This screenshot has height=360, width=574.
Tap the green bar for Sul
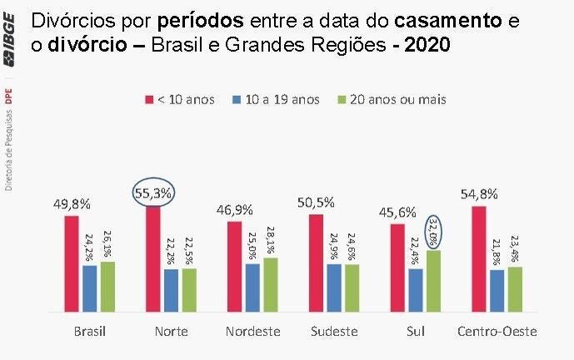(x=433, y=281)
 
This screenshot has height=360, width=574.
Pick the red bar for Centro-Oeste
(x=478, y=258)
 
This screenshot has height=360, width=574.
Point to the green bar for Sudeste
(x=352, y=287)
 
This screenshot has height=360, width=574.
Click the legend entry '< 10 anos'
(x=180, y=99)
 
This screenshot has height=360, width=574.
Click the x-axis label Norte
(x=171, y=332)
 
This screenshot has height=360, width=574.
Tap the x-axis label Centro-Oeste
(x=497, y=332)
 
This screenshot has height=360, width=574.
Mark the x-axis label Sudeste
(x=333, y=332)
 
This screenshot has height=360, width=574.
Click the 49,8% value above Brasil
(x=73, y=203)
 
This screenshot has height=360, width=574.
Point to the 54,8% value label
(x=479, y=193)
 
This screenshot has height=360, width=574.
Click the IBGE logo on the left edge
(x=10, y=50)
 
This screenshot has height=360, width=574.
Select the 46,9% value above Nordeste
(x=236, y=209)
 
